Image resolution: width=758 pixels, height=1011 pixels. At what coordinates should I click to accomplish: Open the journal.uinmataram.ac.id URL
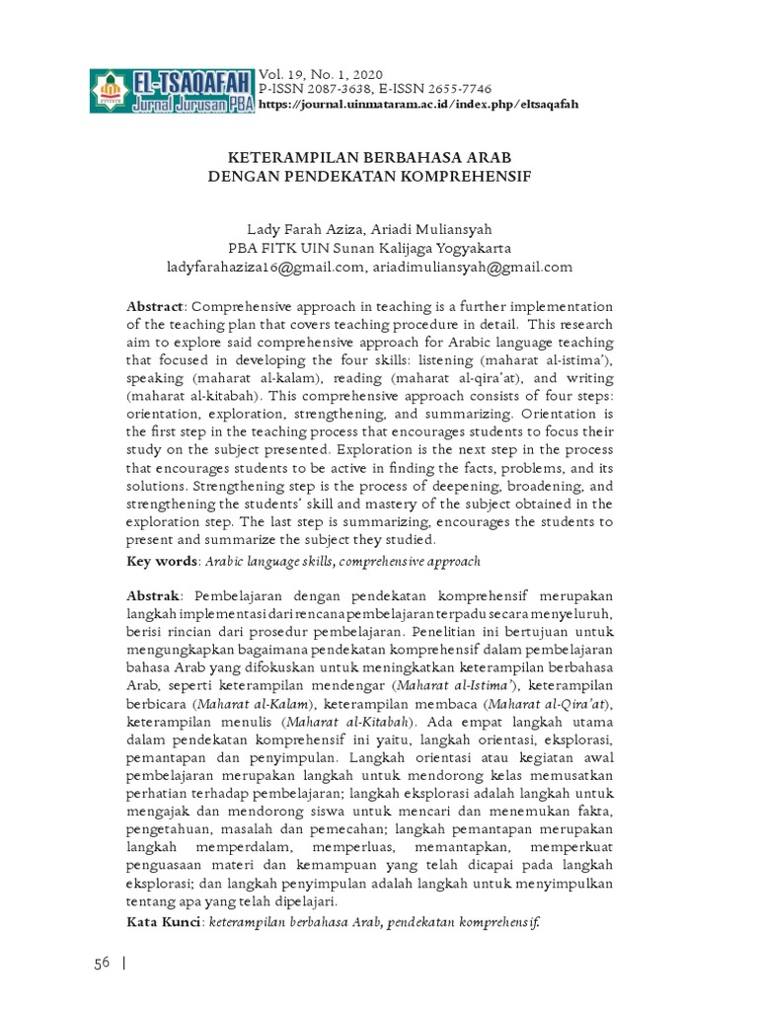tap(417, 104)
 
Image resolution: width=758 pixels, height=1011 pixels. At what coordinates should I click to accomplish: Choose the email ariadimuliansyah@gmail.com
tap(474, 267)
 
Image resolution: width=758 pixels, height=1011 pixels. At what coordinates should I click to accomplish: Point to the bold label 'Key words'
tap(162, 561)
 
